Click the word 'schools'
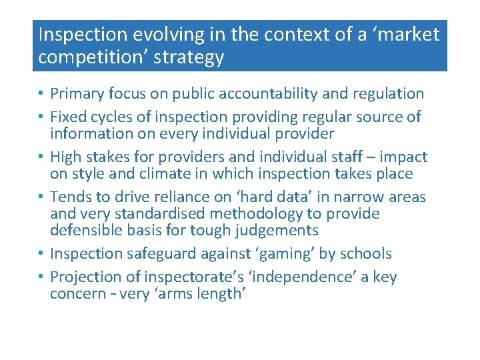[x=365, y=254]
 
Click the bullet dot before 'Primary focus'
[x=41, y=94]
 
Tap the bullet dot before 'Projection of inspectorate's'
[x=41, y=277]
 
